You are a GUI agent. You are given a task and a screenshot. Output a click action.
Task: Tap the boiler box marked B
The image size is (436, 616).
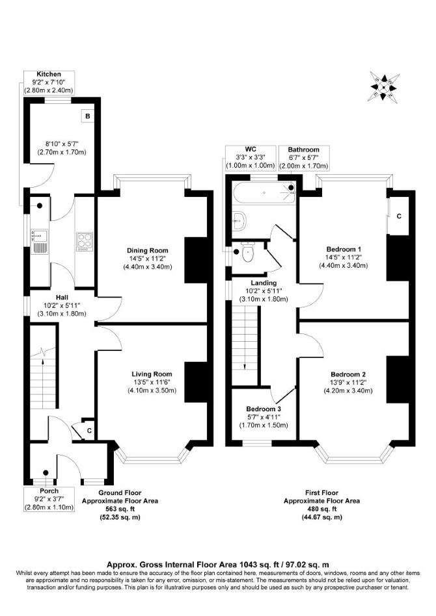88,116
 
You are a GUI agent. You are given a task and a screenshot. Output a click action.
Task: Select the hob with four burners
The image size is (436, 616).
85,241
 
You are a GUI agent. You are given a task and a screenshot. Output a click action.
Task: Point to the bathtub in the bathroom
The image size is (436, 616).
264,193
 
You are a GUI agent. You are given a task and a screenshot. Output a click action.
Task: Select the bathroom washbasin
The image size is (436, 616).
239,221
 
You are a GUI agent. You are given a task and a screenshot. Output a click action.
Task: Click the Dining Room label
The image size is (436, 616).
148,250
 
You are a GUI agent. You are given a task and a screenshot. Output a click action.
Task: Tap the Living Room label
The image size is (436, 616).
152,374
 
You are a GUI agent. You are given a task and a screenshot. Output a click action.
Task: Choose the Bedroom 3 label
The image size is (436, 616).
264,409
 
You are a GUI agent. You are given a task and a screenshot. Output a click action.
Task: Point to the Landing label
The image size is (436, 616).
264,283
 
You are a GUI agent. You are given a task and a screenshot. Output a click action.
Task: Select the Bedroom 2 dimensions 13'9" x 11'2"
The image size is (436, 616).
348,382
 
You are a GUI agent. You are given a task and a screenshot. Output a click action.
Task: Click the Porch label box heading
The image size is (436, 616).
49,491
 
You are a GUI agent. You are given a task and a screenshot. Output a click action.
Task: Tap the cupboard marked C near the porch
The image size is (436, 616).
89,431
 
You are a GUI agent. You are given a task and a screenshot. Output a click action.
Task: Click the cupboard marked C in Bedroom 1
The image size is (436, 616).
398,216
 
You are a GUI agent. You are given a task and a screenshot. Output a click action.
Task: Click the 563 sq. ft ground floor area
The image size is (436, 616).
119,509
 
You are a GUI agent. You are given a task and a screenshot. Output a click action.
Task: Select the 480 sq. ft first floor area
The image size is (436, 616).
322,509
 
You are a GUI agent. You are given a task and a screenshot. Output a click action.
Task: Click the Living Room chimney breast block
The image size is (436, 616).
196,382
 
